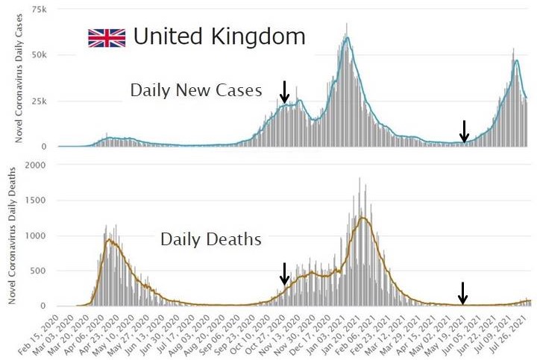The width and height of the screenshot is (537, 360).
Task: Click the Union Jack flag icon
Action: coord(106,38)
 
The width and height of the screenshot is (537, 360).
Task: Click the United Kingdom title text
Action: coord(219,36)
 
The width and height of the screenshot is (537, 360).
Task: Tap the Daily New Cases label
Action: coord(196,91)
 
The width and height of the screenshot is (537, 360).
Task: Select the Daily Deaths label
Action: coord(210,239)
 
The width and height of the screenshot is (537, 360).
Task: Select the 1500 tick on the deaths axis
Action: coord(37,200)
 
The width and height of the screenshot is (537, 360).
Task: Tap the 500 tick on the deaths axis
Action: coord(40,271)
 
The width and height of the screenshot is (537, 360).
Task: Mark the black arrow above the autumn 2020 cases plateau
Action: coord(283,92)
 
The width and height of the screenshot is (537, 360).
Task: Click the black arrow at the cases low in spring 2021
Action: coord(464,131)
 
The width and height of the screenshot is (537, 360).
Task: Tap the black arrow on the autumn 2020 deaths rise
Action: coord(283,274)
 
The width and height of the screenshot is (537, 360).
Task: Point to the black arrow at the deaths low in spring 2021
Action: coord(463,292)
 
